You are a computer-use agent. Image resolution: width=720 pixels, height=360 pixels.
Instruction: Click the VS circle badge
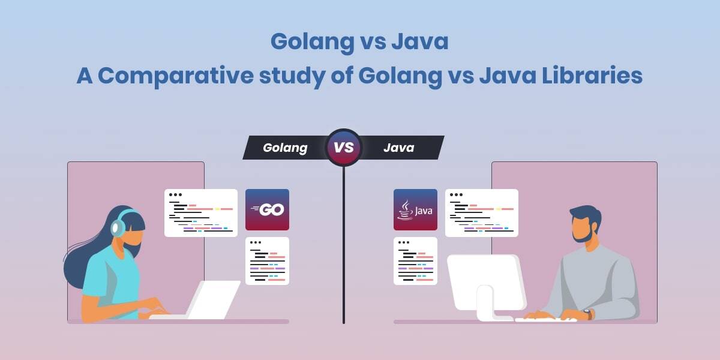click(343, 148)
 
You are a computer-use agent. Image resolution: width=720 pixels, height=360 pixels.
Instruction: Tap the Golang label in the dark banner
click(285, 148)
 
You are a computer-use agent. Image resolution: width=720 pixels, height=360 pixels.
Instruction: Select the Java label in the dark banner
click(398, 148)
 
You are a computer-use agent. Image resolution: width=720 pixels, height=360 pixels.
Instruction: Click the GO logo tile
click(267, 209)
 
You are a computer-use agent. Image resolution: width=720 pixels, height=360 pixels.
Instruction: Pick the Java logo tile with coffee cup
click(415, 209)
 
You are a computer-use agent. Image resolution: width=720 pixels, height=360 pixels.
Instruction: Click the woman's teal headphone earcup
click(118, 227)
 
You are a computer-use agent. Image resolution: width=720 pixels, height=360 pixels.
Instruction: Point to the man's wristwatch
click(589, 314)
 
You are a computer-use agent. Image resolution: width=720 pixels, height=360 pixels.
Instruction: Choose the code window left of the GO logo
click(200, 213)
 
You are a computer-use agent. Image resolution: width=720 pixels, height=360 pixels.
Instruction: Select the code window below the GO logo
click(267, 261)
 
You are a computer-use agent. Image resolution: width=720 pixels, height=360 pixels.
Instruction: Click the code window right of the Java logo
click(481, 213)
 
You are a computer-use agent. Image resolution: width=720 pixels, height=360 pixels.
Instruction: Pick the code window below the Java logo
click(415, 261)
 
